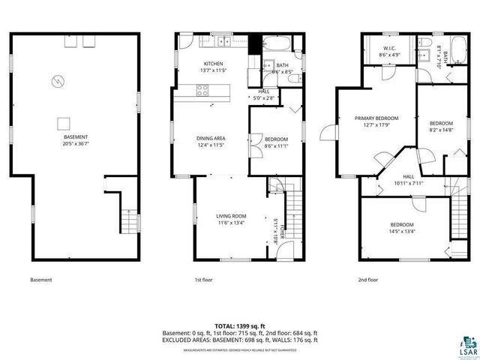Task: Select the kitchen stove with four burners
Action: coord(202,91)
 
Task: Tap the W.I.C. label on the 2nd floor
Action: coord(388,47)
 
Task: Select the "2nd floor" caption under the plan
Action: coord(367,280)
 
